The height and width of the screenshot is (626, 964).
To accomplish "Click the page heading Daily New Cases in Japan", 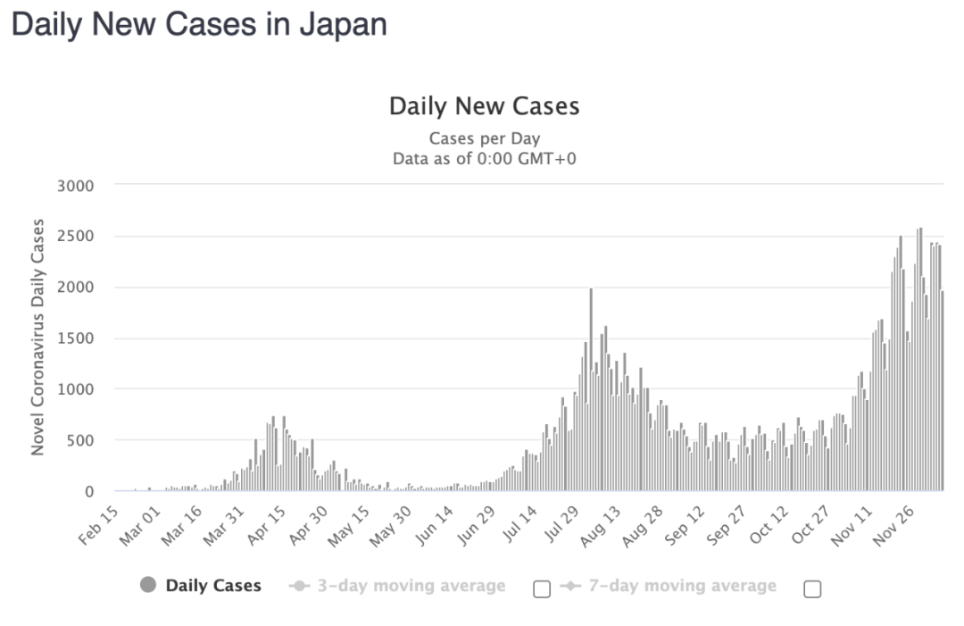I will (199, 24).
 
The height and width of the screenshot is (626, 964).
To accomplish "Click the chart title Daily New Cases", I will (484, 106).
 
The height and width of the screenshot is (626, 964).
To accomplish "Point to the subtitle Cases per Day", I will (484, 138).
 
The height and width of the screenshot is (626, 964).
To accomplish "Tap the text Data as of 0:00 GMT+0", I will (484, 159).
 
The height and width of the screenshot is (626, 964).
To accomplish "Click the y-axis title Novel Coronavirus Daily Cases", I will (37, 338).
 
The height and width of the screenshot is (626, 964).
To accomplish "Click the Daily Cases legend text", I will (213, 586).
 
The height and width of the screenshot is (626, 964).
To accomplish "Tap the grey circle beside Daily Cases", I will (148, 585).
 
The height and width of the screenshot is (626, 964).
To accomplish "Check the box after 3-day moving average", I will (541, 588).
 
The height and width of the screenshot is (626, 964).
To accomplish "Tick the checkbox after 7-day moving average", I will (812, 588).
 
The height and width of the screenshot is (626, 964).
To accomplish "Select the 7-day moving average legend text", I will (682, 586).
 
